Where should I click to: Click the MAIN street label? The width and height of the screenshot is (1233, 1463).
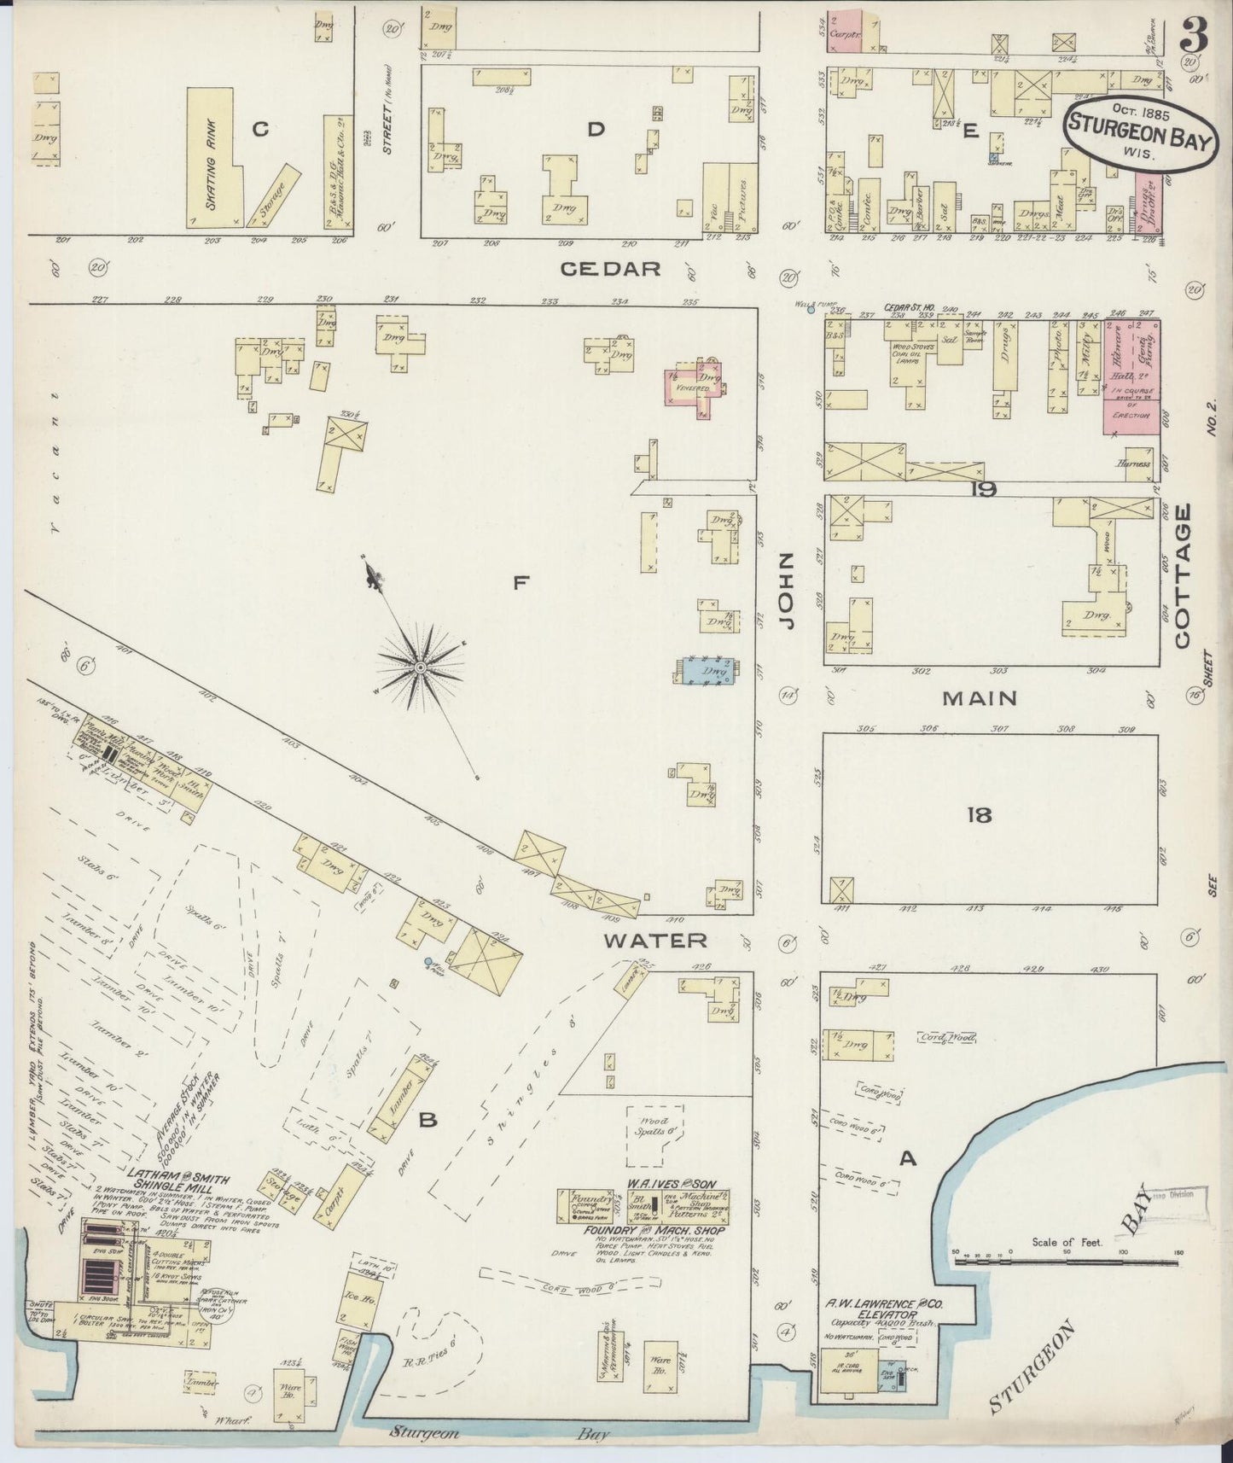click(980, 698)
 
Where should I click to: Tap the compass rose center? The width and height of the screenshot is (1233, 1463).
click(421, 666)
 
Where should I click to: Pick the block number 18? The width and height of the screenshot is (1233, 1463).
click(980, 815)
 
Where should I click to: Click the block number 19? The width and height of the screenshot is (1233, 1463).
click(983, 490)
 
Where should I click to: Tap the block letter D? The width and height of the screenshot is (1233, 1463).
click(596, 129)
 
